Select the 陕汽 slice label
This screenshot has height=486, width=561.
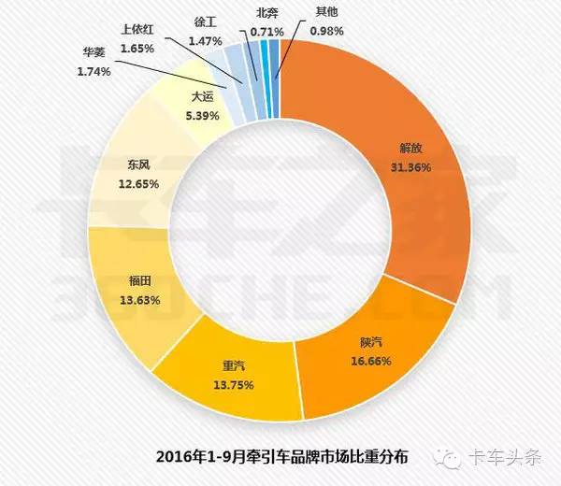(x=372, y=343)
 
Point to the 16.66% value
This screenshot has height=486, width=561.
(x=372, y=360)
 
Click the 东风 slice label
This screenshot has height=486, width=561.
(x=139, y=165)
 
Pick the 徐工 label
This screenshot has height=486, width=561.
(x=206, y=20)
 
